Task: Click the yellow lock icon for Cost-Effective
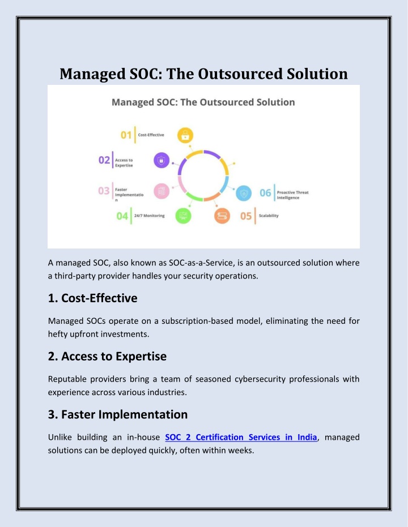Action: pos(185,135)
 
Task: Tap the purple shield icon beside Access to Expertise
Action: pos(161,160)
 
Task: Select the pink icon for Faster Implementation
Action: pos(161,191)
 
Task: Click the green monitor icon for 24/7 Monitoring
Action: pos(183,216)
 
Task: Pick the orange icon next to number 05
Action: pos(222,216)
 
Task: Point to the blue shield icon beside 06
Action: pos(244,193)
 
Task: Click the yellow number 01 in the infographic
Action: pos(126,135)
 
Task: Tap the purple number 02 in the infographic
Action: pos(104,160)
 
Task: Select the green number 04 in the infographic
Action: pos(122,216)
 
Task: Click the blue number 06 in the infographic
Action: pos(265,193)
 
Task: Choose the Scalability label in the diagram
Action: pos(269,216)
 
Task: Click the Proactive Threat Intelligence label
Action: pos(292,195)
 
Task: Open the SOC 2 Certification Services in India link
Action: pos(241,437)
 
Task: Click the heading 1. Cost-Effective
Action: pos(92,298)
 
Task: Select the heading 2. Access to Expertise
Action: pos(107,356)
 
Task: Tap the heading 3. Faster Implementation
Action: pos(118,414)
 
